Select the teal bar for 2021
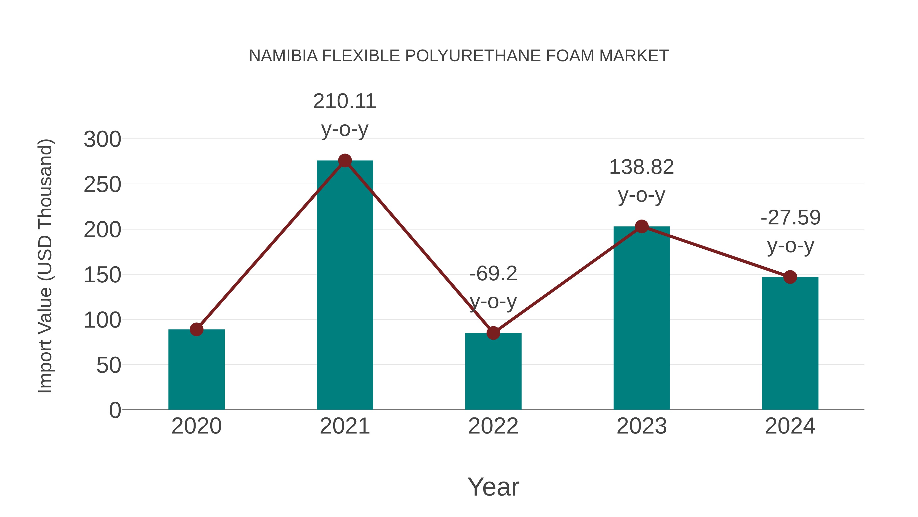[345, 285]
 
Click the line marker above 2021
[345, 161]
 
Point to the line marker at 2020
[196, 329]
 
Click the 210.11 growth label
[345, 101]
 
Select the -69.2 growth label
[493, 274]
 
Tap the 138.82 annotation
[642, 167]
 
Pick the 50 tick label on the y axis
[108, 365]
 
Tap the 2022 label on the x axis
[493, 426]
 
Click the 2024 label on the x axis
[790, 426]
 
